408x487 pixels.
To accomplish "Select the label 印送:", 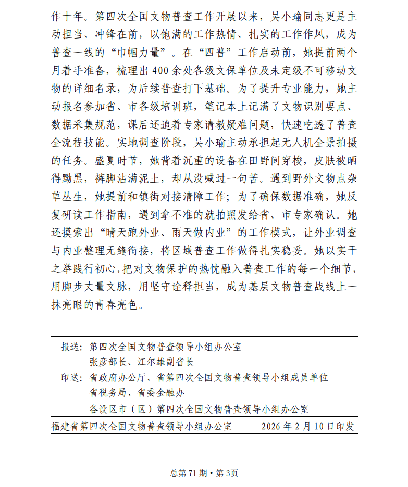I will [71, 377].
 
